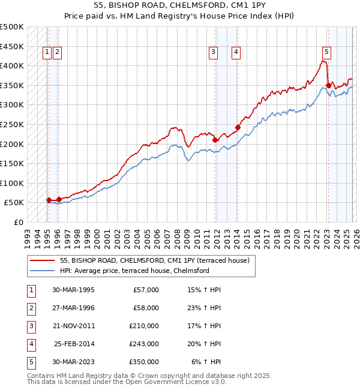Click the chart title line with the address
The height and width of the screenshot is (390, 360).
tap(180, 5)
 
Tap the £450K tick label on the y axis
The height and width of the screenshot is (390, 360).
tap(12, 46)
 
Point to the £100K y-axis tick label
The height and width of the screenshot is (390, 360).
tap(12, 183)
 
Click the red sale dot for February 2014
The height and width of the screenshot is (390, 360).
tap(238, 127)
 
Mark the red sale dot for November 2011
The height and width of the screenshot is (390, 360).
tap(215, 140)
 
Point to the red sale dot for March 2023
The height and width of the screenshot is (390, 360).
tap(328, 85)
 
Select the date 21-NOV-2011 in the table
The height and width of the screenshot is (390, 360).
tap(74, 326)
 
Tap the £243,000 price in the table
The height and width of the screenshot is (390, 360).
tap(144, 344)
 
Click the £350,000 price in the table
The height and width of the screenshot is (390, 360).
tap(144, 362)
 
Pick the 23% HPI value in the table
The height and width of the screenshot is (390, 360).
tap(206, 308)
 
